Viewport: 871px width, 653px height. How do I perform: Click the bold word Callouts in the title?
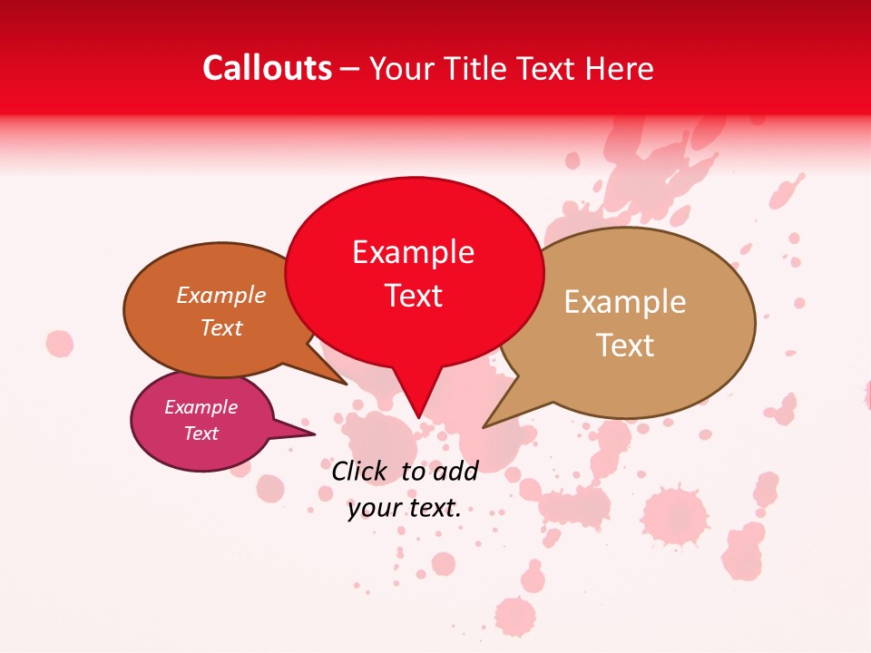(x=268, y=68)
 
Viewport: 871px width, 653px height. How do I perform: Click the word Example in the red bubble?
(x=413, y=252)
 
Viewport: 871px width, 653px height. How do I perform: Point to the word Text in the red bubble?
(x=413, y=296)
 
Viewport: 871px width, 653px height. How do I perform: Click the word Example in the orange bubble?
(x=221, y=295)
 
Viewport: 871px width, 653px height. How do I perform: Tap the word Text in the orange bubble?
(x=221, y=327)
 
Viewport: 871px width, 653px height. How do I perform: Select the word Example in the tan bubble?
(x=625, y=302)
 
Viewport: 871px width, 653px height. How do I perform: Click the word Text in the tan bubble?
(x=625, y=346)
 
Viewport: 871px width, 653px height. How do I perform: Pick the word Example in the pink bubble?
(x=201, y=407)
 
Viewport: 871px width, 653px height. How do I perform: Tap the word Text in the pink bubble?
(x=201, y=434)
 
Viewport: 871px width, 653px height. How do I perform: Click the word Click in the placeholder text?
(x=359, y=471)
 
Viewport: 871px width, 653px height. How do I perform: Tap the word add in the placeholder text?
(x=455, y=471)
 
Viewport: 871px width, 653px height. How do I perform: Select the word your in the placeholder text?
(x=375, y=508)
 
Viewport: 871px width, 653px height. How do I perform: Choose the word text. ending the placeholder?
(x=435, y=508)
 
